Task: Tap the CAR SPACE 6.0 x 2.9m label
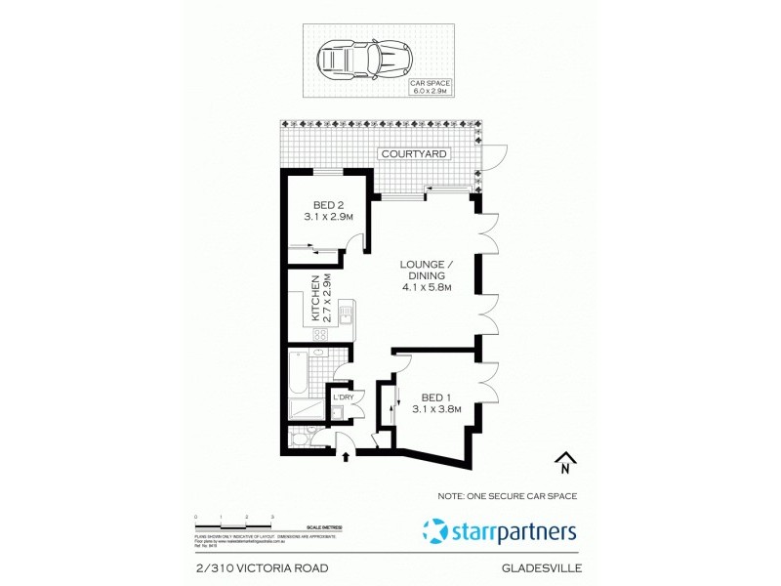[x=430, y=88]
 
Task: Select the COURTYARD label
[x=415, y=154]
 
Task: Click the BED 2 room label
[x=327, y=211]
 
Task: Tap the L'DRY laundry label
[x=343, y=398]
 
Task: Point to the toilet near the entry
[x=303, y=440]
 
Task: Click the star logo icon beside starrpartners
[x=436, y=532]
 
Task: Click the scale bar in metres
[x=234, y=518]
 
